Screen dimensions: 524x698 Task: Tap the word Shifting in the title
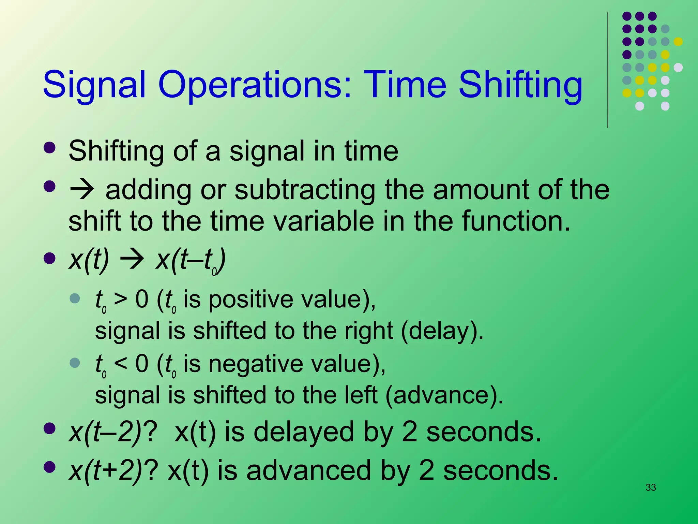tap(520, 85)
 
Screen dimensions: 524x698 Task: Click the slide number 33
tap(651, 487)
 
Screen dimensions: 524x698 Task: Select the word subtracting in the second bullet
tap(305, 190)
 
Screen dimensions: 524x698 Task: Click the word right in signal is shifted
tap(368, 331)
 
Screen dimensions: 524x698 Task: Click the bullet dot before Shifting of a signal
tap(50, 148)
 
